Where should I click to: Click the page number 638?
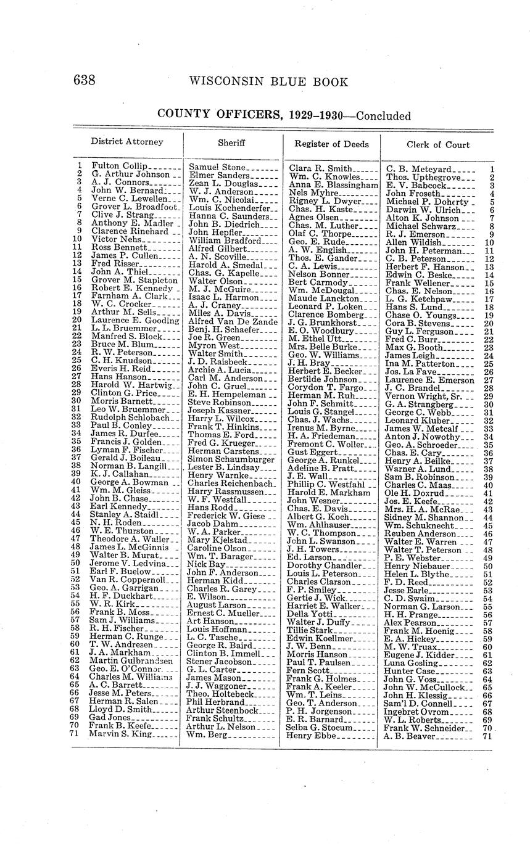pyautogui.click(x=85, y=81)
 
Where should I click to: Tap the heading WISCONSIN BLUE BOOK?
pyautogui.click(x=268, y=81)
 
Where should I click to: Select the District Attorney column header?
pyautogui.click(x=127, y=141)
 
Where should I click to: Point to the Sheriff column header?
pyautogui.click(x=231, y=142)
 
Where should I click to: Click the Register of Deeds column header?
pyautogui.click(x=331, y=144)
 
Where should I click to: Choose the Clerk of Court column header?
pyautogui.click(x=438, y=145)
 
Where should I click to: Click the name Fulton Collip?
pyautogui.click(x=119, y=166)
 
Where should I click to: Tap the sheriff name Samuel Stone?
pyautogui.click(x=217, y=167)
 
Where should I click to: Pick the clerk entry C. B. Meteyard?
pyautogui.click(x=418, y=168)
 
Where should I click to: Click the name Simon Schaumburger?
pyautogui.click(x=231, y=459)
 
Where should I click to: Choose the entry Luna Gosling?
pyautogui.click(x=408, y=663)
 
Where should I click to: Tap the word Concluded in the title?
pyautogui.click(x=383, y=116)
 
